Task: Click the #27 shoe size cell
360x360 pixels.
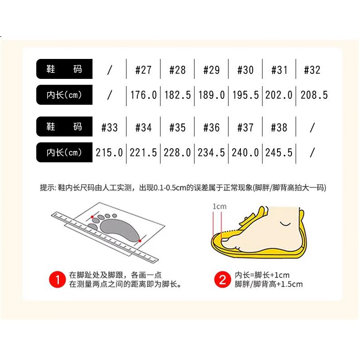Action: tap(143, 70)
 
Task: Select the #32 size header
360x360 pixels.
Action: tap(312, 70)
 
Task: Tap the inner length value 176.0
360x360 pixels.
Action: tap(143, 95)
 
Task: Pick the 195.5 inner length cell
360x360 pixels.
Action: tap(245, 95)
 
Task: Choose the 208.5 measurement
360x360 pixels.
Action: tap(314, 95)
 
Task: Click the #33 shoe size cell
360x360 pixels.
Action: tap(110, 127)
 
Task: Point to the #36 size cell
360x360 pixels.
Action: tap(211, 127)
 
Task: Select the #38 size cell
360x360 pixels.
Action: tap(279, 127)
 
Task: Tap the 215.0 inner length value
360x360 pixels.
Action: tap(109, 153)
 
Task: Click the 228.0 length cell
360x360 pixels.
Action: tap(177, 153)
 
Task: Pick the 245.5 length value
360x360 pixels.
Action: tap(279, 153)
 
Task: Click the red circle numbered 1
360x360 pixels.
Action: tap(58, 279)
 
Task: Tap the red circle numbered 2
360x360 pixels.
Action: tap(223, 279)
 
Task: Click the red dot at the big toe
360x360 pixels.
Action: tap(92, 217)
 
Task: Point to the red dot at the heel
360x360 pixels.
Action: tap(140, 241)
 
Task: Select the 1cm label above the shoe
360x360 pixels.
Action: tap(219, 207)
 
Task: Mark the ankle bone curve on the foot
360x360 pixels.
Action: tap(285, 224)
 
